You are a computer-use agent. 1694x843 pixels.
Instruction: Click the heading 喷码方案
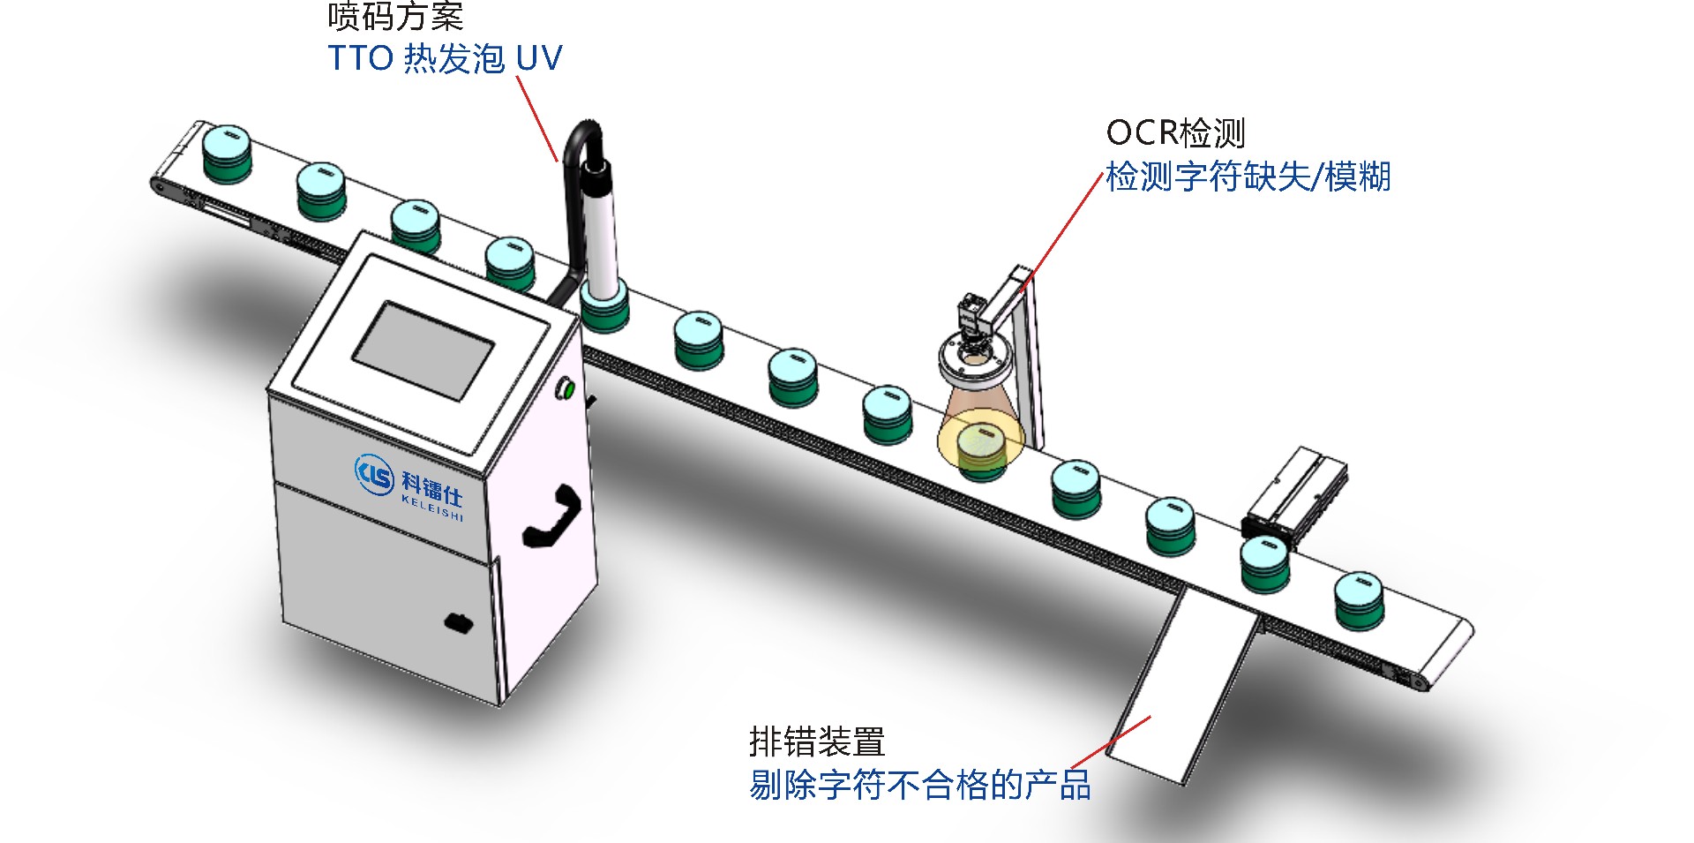[394, 16]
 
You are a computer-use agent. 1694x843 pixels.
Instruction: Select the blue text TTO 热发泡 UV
[445, 59]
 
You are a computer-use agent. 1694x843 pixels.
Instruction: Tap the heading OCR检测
[1175, 133]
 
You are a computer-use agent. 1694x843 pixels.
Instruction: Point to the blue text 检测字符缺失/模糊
[1248, 177]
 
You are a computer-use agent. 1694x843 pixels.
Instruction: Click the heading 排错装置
[816, 741]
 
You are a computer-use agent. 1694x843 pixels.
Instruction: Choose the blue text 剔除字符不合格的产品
[919, 785]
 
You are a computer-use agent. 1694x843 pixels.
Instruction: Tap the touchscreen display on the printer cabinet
[423, 350]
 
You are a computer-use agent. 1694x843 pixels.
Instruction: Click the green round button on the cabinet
[566, 388]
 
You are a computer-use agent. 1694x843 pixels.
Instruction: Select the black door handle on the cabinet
[553, 516]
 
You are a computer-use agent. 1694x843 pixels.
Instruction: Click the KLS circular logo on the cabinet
[374, 473]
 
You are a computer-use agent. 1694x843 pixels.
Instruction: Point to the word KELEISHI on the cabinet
[432, 508]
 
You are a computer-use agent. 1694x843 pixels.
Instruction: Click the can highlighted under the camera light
[980, 449]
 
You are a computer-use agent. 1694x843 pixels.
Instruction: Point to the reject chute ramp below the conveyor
[1182, 689]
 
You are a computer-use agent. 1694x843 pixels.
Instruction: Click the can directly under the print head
[604, 307]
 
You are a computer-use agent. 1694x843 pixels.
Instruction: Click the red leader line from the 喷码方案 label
[536, 118]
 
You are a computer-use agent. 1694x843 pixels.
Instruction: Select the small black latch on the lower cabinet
[458, 623]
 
